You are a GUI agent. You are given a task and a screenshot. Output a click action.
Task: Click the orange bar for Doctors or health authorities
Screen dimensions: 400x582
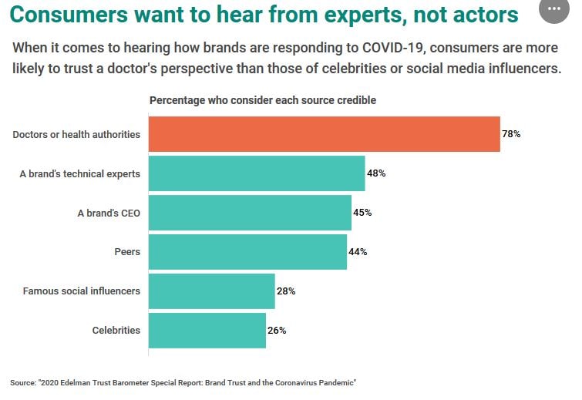pyautogui.click(x=324, y=134)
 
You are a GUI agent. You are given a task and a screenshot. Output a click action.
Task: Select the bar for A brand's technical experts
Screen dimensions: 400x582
pyautogui.click(x=256, y=173)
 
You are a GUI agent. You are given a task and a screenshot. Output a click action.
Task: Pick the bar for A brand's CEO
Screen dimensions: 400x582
pyautogui.click(x=250, y=213)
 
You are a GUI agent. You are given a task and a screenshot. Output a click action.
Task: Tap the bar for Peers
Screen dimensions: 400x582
pyautogui.click(x=247, y=252)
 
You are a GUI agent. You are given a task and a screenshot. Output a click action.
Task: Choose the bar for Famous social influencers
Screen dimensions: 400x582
pyautogui.click(x=211, y=291)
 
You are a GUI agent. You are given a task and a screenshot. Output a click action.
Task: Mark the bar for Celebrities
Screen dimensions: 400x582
pyautogui.click(x=207, y=331)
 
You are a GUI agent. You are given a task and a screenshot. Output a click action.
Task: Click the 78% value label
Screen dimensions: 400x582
pyautogui.click(x=511, y=134)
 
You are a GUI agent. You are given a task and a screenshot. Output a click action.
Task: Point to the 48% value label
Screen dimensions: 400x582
pyautogui.click(x=376, y=173)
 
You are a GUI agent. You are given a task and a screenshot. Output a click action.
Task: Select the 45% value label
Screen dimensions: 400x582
pyautogui.click(x=362, y=213)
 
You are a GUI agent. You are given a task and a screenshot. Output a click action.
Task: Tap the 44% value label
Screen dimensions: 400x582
pyautogui.click(x=358, y=252)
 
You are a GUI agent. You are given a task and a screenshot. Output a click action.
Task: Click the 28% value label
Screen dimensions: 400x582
pyautogui.click(x=286, y=291)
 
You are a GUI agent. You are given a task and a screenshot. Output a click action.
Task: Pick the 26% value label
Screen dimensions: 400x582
pyautogui.click(x=277, y=331)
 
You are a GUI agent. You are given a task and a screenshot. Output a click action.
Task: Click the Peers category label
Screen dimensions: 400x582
pyautogui.click(x=126, y=252)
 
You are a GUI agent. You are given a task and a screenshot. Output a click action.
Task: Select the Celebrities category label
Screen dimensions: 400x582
pyautogui.click(x=116, y=331)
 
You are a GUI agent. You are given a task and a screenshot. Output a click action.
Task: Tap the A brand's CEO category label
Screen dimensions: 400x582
pyautogui.click(x=109, y=213)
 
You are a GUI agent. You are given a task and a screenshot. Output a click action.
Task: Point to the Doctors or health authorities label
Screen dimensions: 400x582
pyautogui.click(x=76, y=134)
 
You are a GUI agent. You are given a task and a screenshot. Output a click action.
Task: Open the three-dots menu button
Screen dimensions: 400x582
pyautogui.click(x=554, y=9)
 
